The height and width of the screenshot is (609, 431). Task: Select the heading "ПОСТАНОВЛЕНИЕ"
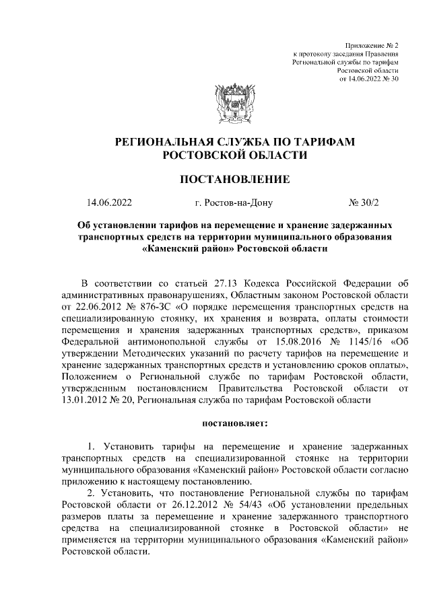(235, 179)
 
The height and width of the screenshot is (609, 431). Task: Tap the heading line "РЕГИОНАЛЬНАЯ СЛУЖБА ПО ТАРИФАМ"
(235, 142)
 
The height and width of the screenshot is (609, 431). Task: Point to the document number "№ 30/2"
(364, 203)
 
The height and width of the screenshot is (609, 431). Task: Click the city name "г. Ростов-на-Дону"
(233, 203)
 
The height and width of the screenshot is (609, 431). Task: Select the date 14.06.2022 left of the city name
(109, 203)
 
